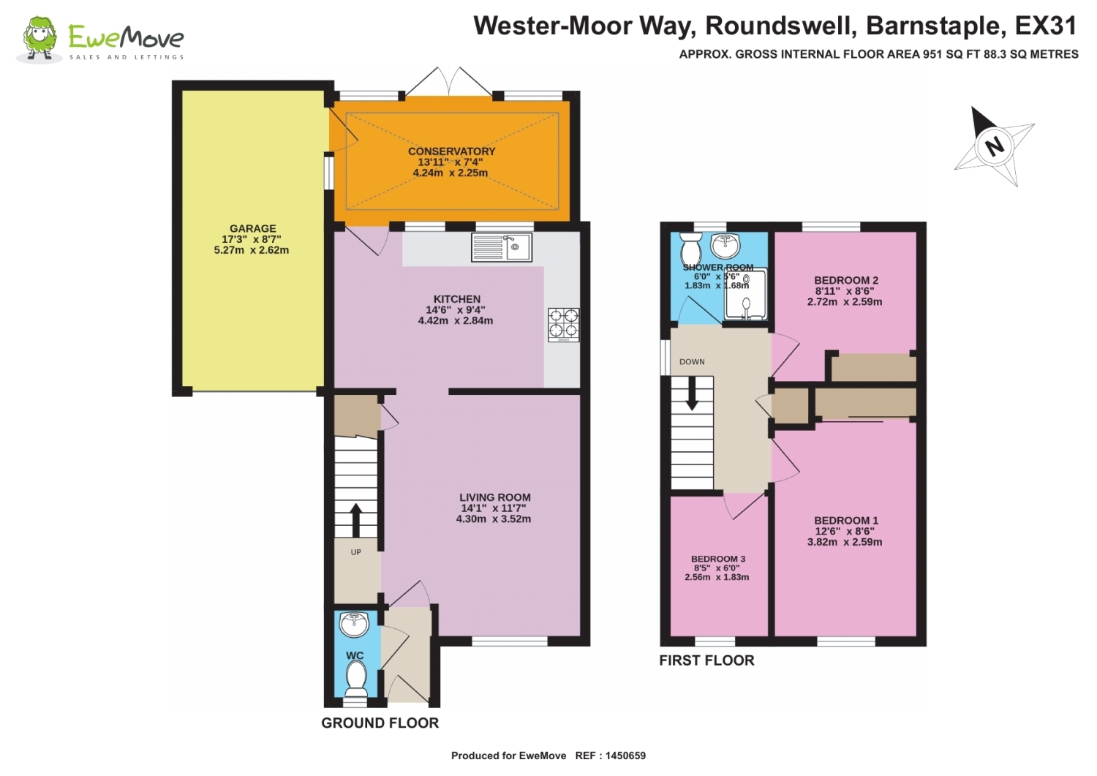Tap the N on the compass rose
994,146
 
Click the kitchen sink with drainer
502,247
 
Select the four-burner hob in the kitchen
563,325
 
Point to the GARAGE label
253,228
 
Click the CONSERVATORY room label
451,151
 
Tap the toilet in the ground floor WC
356,679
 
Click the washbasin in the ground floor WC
354,625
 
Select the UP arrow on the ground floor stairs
356,520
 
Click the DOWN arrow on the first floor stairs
692,393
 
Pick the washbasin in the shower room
725,246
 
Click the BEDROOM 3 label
718,559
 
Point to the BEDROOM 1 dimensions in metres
845,542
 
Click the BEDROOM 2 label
845,280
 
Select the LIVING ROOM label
494,497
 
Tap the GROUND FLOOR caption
380,723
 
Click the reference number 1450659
625,756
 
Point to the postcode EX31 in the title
1045,26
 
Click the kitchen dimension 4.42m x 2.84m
456,320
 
